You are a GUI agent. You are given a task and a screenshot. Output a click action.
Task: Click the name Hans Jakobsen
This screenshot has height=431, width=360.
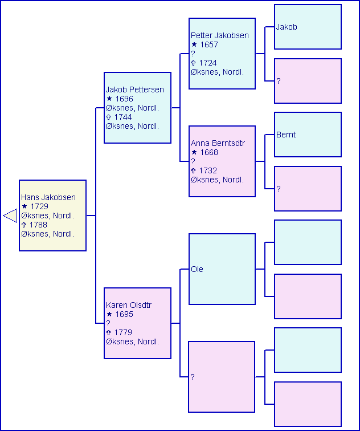[48, 198]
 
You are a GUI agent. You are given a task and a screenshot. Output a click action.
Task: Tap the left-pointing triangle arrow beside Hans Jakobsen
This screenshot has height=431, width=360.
[10, 215]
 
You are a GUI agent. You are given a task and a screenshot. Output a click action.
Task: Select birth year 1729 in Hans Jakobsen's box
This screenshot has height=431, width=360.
[39, 207]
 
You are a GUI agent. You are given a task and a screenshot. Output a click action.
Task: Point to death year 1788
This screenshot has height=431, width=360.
[39, 225]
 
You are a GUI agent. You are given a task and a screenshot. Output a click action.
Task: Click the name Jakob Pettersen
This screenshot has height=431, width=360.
[134, 90]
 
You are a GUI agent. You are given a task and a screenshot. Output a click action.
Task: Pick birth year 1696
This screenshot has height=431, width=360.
[124, 99]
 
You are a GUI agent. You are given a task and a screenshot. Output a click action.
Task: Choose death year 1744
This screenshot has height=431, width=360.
[123, 117]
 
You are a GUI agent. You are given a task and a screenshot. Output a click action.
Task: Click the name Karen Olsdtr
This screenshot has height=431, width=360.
[129, 306]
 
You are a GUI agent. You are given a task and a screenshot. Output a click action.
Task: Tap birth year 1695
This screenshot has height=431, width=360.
[124, 315]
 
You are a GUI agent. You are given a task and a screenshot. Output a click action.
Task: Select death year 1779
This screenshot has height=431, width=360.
[123, 333]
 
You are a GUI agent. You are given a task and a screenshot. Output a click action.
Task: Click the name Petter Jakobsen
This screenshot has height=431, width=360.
[220, 36]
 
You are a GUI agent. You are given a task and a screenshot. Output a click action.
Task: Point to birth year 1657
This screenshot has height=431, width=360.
[209, 45]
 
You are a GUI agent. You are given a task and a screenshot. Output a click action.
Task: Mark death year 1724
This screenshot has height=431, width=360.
[208, 63]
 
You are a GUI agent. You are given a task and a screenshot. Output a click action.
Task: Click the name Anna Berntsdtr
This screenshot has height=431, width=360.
[218, 144]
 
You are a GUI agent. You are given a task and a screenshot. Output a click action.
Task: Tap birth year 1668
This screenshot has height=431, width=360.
[209, 153]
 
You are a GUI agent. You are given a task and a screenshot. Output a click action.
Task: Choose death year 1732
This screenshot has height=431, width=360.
[208, 171]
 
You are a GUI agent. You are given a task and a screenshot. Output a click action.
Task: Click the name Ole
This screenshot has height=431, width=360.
[197, 270]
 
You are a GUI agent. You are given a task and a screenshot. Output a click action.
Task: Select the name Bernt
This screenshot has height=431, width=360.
[286, 135]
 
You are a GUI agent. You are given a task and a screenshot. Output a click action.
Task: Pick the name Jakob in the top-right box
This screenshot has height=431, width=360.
[287, 27]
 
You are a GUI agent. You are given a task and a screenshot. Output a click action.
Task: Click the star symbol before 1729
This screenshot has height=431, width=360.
[24, 207]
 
